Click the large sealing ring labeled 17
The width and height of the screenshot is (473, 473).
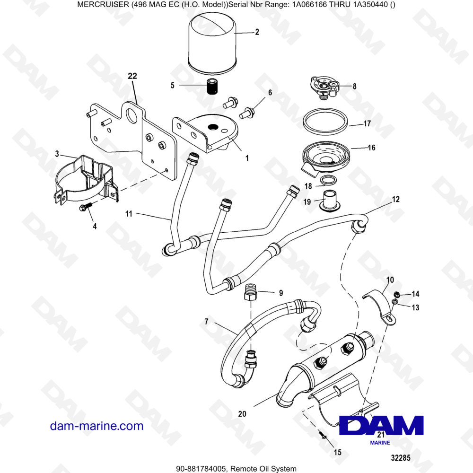[x=327, y=123]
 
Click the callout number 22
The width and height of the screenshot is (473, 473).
[x=132, y=76]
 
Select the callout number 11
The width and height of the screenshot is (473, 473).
[x=129, y=214]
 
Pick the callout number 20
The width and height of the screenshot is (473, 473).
[x=242, y=414]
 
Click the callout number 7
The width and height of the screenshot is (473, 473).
[x=206, y=322]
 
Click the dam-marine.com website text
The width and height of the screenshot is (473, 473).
[x=96, y=426]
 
